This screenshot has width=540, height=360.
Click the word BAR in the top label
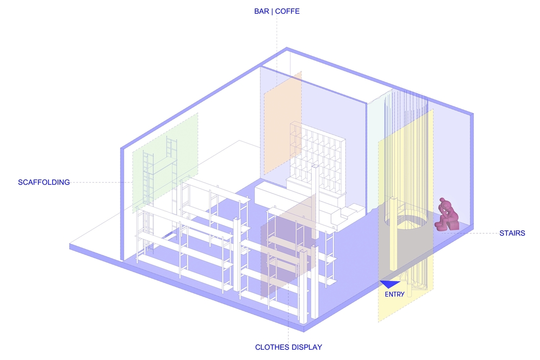[261, 11]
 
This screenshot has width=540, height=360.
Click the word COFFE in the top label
[287, 11]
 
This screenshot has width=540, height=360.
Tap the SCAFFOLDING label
[44, 182]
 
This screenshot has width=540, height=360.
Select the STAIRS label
[512, 233]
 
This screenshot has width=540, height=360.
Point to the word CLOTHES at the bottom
[270, 347]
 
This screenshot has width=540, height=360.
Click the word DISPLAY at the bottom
[305, 347]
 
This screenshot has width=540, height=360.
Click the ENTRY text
[395, 294]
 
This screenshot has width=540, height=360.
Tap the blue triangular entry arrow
[390, 283]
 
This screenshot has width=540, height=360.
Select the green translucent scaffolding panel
[165, 162]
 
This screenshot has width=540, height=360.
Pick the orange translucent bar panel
[283, 123]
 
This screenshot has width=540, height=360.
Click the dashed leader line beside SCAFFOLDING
[101, 182]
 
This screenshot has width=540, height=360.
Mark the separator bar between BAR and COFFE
[272, 11]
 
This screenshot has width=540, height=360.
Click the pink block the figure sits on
[453, 225]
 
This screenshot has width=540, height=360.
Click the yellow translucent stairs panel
[405, 215]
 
